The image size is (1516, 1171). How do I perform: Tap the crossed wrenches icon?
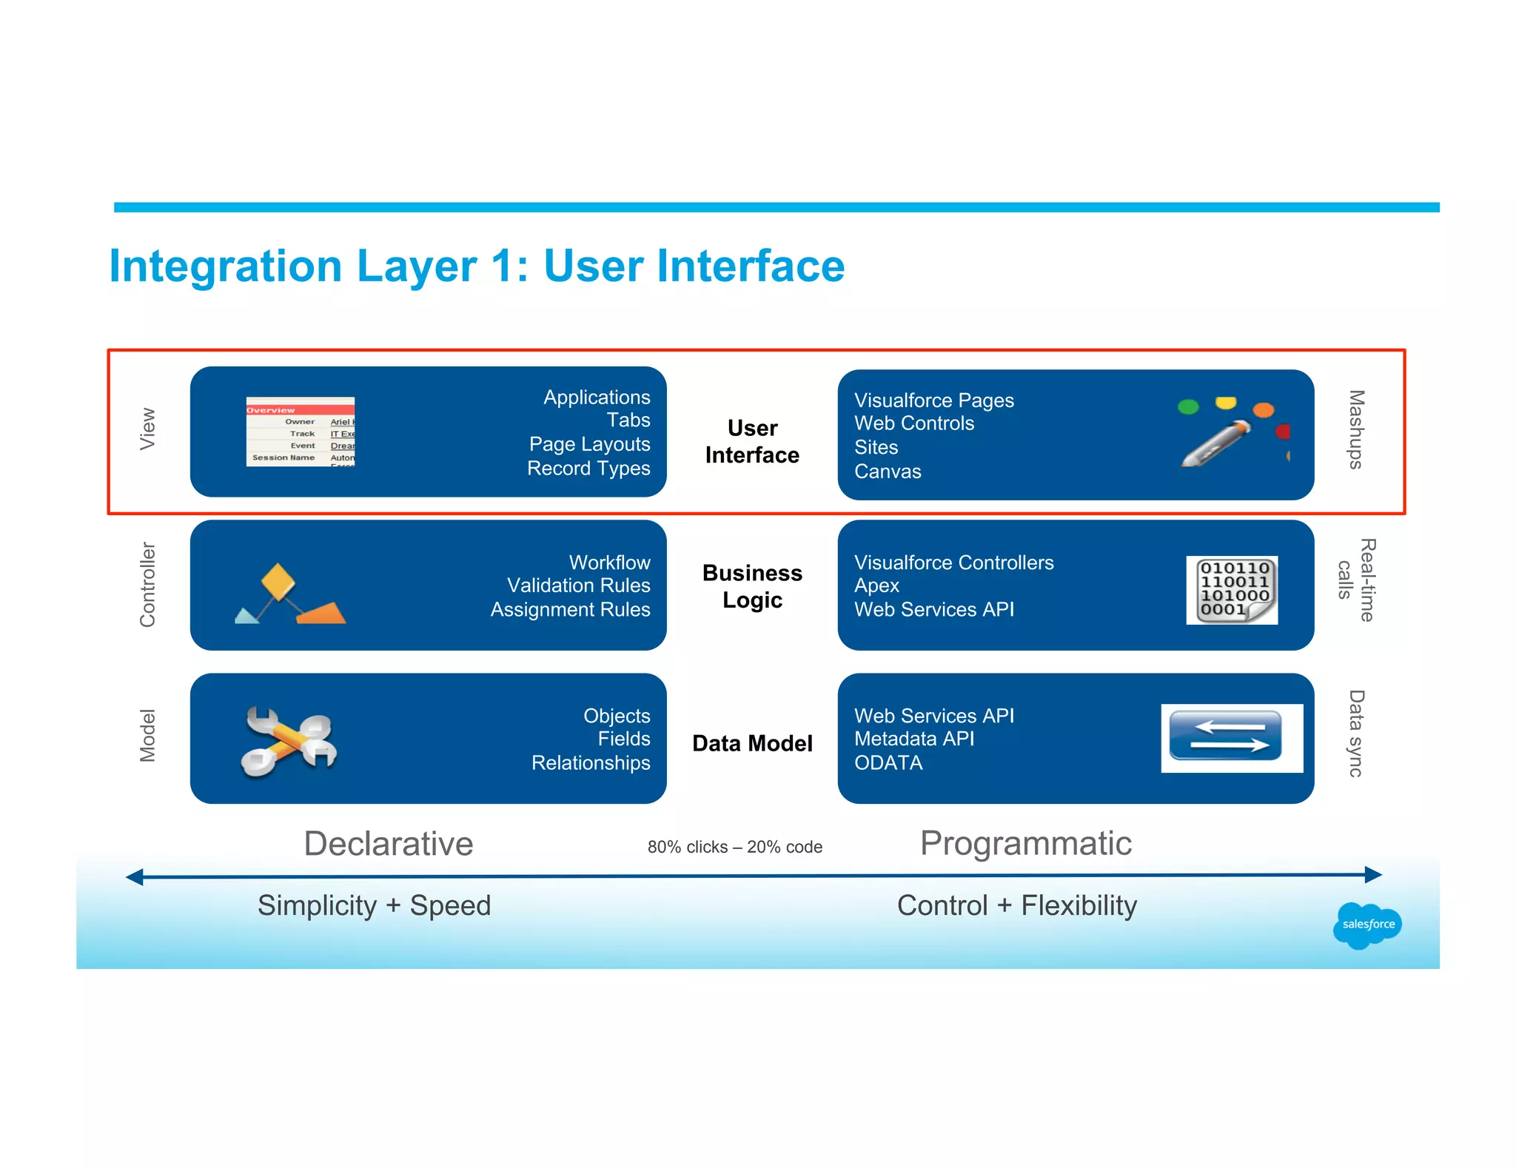(x=289, y=741)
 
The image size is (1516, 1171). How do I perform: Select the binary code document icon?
(x=1232, y=590)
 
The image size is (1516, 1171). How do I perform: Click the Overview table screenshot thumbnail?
(x=301, y=432)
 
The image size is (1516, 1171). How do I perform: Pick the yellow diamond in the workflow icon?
(x=278, y=581)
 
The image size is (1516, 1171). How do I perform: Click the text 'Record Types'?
(x=588, y=469)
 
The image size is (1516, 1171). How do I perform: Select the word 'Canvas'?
(x=888, y=472)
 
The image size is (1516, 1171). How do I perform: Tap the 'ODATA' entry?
(x=888, y=762)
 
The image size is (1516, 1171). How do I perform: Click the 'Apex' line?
(x=876, y=585)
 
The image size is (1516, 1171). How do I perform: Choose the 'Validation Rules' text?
(x=578, y=585)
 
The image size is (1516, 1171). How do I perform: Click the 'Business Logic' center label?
(x=752, y=586)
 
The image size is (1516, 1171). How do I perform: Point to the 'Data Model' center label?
(x=752, y=743)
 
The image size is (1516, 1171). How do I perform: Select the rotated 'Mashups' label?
(x=1355, y=429)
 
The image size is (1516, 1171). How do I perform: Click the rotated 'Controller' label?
(x=148, y=585)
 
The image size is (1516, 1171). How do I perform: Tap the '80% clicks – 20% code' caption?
(x=734, y=847)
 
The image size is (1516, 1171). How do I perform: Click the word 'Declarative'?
(x=389, y=844)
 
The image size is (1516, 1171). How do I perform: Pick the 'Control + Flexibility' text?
(x=1016, y=905)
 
